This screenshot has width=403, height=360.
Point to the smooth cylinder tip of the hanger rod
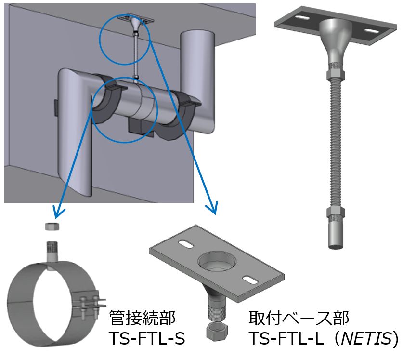[335, 235]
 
